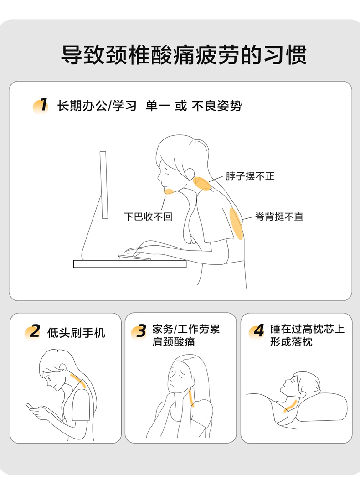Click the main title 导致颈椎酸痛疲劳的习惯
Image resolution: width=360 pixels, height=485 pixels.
(x=184, y=55)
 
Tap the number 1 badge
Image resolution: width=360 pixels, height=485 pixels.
(x=41, y=105)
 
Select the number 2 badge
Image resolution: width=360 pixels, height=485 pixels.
(x=33, y=332)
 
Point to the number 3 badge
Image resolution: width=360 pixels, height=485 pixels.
(x=139, y=331)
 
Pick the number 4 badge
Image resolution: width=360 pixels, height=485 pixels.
(x=257, y=331)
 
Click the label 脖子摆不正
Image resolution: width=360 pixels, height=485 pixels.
(x=250, y=176)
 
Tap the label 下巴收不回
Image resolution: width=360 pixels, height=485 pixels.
(x=148, y=216)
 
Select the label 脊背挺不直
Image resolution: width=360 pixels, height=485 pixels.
(x=279, y=216)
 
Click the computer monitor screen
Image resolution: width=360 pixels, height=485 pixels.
(x=103, y=185)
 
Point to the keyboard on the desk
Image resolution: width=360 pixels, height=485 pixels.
(x=134, y=257)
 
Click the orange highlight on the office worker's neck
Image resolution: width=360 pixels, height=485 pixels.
(x=202, y=183)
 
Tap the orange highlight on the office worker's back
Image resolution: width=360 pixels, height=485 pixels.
(x=237, y=224)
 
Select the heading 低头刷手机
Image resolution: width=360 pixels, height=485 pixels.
(x=76, y=333)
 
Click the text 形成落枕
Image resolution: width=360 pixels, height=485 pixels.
(x=291, y=342)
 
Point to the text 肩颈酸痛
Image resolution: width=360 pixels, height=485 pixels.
(x=174, y=342)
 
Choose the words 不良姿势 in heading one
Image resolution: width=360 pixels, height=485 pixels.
(x=216, y=106)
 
